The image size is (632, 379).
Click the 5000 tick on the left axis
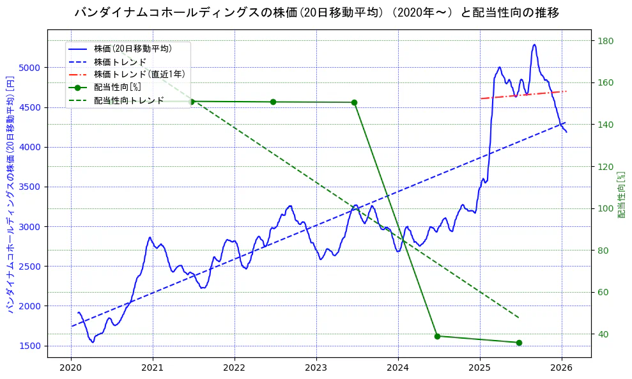[x=30, y=68]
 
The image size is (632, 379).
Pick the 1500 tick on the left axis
[x=30, y=346]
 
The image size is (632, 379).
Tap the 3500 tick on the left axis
[x=30, y=187]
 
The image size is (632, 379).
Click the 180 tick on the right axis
[x=605, y=41]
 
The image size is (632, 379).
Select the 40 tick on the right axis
[x=603, y=334]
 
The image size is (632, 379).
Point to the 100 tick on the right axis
[x=605, y=208]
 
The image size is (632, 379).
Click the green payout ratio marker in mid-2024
[x=437, y=336]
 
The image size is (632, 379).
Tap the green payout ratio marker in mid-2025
[x=519, y=343]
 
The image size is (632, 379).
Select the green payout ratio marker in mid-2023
[x=355, y=102]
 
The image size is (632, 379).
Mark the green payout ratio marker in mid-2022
[x=273, y=102]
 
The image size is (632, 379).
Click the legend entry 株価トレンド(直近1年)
[x=139, y=74]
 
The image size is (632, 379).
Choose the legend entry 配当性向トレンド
[x=128, y=100]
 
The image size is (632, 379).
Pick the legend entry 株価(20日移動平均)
[x=132, y=48]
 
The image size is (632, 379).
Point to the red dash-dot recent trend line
[x=524, y=95]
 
